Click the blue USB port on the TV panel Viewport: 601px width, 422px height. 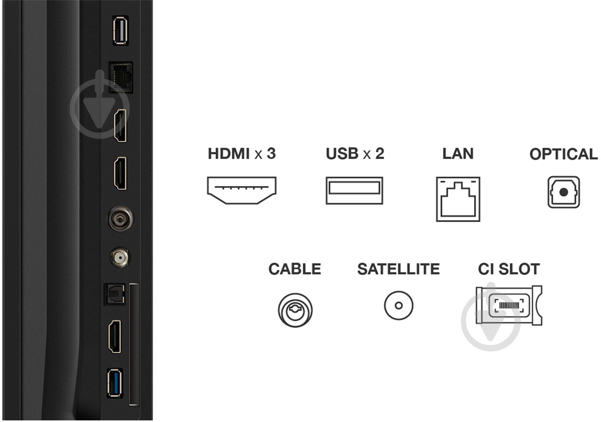[115, 383]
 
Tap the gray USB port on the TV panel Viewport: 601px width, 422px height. [120, 30]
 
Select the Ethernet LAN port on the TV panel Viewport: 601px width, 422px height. [121, 77]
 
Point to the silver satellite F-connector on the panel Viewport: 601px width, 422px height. [119, 257]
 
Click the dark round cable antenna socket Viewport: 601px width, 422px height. [121, 218]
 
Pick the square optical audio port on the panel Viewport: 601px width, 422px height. [115, 294]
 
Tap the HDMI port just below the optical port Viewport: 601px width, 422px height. [115, 337]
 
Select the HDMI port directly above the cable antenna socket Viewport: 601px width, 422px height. [120, 173]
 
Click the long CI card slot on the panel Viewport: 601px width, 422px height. [134, 344]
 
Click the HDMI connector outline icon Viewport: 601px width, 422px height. [241, 190]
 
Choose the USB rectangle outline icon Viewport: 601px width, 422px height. [354, 190]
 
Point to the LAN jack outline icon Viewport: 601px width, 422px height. [458, 199]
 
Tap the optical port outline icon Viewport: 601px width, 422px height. [564, 192]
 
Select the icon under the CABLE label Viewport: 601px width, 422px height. [295, 310]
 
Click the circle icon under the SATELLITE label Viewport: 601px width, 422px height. [399, 305]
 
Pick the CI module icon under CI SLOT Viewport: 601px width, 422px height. [509, 305]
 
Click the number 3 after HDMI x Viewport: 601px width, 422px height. [271, 153]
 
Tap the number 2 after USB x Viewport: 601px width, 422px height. [380, 153]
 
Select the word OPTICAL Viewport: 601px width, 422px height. [563, 154]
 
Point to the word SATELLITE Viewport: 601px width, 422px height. [399, 269]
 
